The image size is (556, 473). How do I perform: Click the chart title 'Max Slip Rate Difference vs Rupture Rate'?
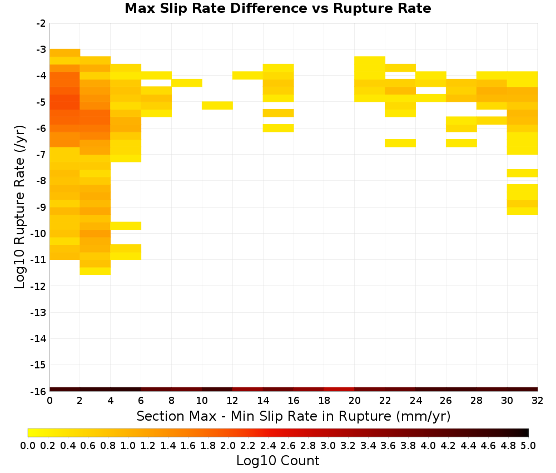click(277, 8)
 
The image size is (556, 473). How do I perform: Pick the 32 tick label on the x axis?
click(538, 401)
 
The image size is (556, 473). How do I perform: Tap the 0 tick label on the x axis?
click(49, 401)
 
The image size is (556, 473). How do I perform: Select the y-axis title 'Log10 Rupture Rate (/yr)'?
click(20, 207)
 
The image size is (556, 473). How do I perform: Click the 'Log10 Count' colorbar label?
click(277, 461)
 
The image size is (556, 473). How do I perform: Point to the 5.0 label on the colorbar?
click(528, 446)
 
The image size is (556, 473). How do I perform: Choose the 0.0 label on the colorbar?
click(28, 446)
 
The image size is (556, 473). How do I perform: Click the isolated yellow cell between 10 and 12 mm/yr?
click(217, 105)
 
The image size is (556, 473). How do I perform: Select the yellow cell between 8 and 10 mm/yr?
click(187, 83)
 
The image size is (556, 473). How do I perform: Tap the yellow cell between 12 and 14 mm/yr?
click(248, 75)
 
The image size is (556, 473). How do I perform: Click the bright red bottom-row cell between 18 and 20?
click(339, 389)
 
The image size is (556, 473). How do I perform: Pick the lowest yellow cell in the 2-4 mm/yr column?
click(96, 271)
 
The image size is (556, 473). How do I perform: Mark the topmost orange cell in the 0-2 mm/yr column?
click(65, 53)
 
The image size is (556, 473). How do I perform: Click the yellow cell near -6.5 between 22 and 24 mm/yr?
click(400, 143)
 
